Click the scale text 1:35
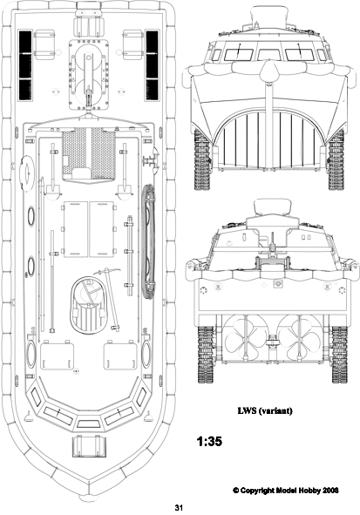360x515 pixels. click(x=209, y=441)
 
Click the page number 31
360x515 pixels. click(x=179, y=507)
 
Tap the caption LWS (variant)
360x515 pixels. click(x=265, y=411)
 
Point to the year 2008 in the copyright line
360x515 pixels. click(x=330, y=491)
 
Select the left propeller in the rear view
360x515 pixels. click(x=246, y=338)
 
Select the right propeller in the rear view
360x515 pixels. click(x=299, y=338)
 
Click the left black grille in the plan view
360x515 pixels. click(x=25, y=65)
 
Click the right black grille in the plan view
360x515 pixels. click(x=152, y=65)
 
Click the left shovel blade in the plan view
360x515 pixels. click(x=52, y=191)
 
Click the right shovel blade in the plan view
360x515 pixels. click(x=125, y=191)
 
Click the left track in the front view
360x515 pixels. click(x=202, y=159)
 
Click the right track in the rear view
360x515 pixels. click(x=340, y=354)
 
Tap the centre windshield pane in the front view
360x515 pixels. click(x=269, y=55)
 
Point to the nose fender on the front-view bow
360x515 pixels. click(x=269, y=70)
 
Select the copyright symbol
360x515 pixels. click(x=236, y=491)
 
